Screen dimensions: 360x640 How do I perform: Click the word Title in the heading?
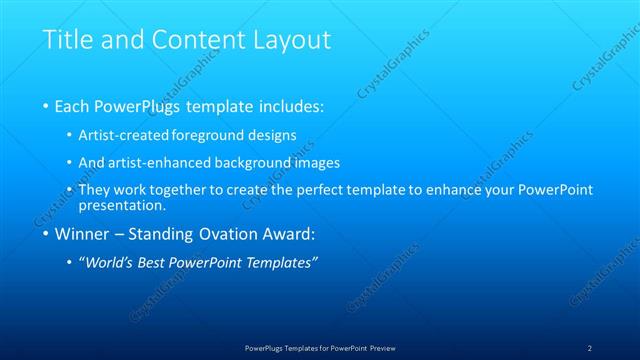click(65, 40)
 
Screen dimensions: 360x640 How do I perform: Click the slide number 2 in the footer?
click(590, 347)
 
